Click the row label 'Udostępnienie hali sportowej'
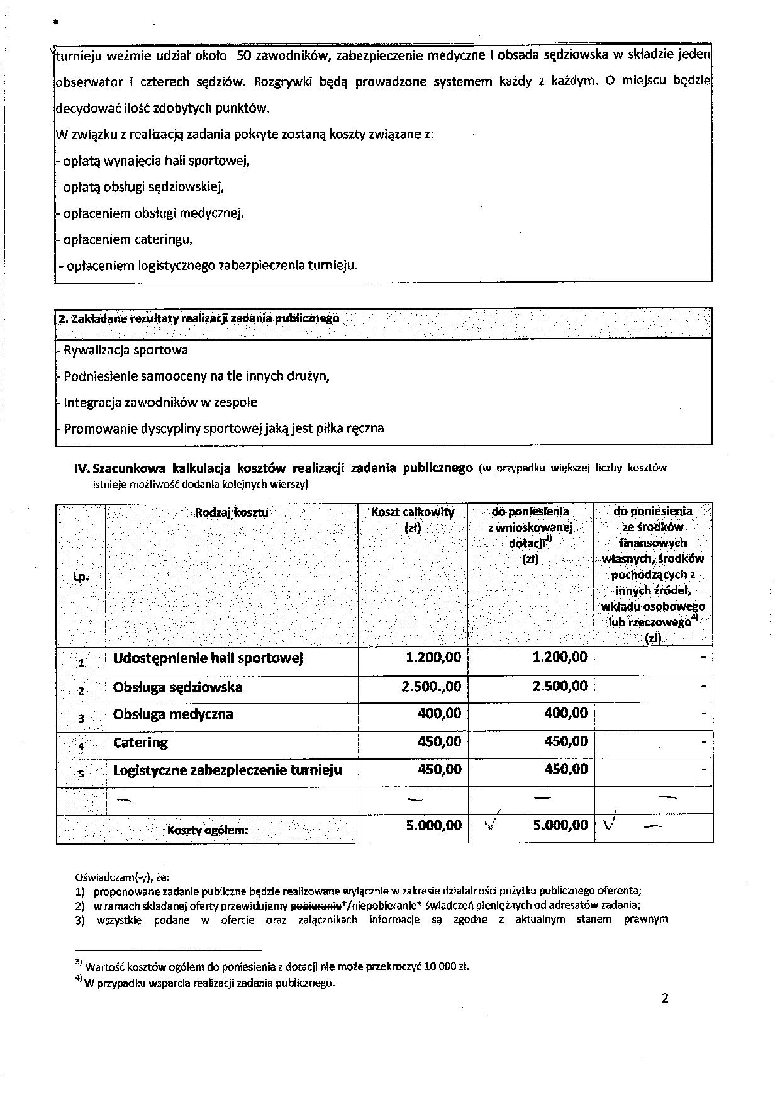tap(208, 658)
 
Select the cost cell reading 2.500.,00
tap(431, 687)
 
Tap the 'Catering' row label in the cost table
tap(140, 743)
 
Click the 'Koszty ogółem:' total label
tap(208, 830)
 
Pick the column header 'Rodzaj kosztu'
tap(231, 512)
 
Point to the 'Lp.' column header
tap(81, 576)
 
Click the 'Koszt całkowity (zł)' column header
tap(413, 519)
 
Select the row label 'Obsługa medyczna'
tap(173, 714)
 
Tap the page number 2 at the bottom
tap(665, 998)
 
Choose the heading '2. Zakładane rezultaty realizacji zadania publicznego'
tap(199, 318)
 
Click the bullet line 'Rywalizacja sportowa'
tap(125, 350)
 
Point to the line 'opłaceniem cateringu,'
tap(128, 240)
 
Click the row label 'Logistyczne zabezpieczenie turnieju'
tap(227, 770)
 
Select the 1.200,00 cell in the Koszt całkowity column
tap(433, 658)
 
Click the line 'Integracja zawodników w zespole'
tap(160, 402)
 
